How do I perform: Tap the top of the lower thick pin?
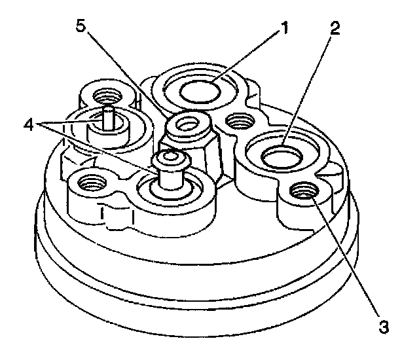click(x=170, y=157)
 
